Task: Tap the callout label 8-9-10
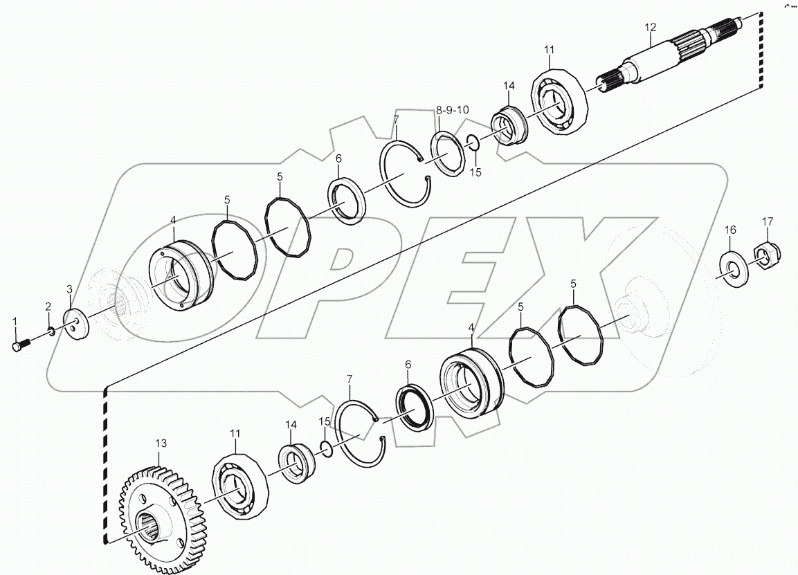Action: click(x=452, y=110)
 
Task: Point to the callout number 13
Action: click(x=161, y=442)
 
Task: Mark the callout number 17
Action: click(x=768, y=221)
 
